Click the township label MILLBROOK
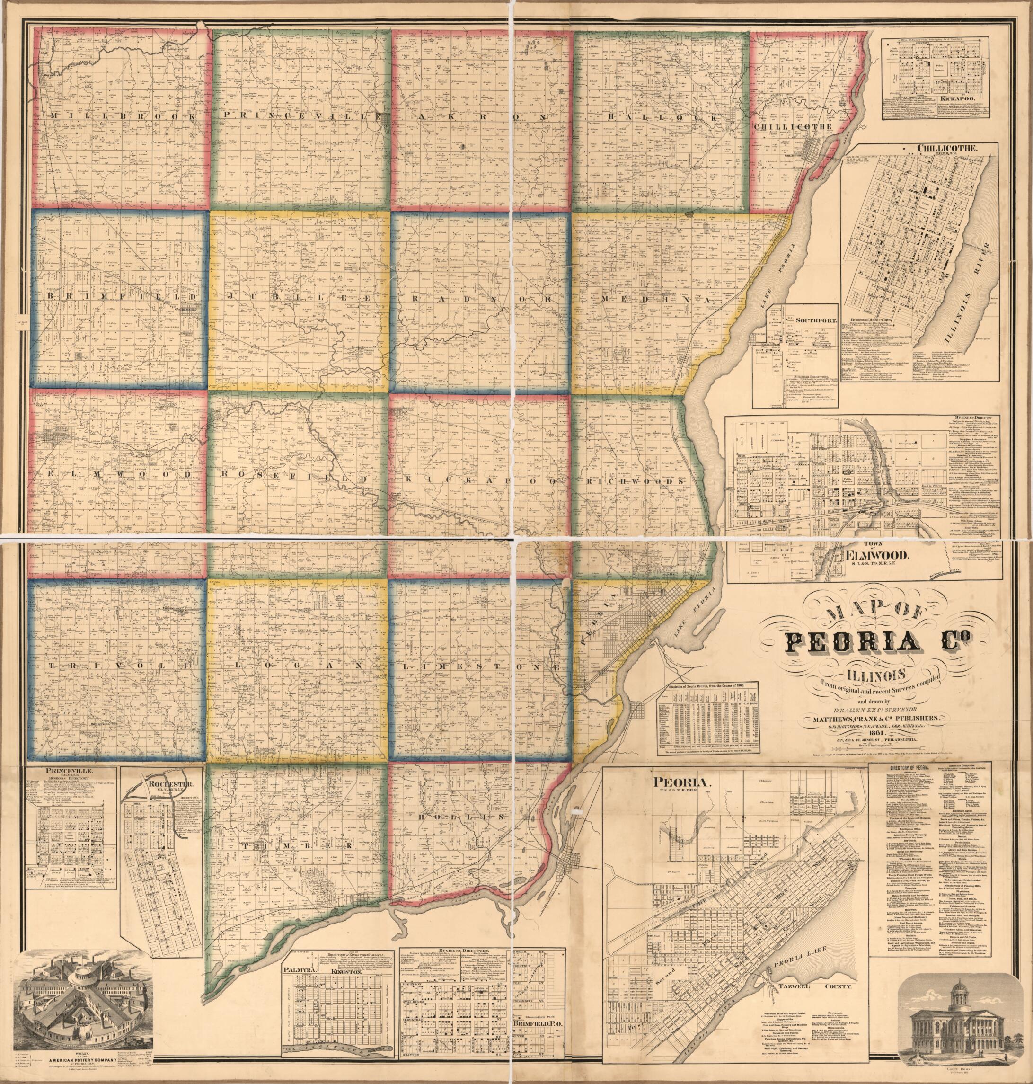coord(122,117)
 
